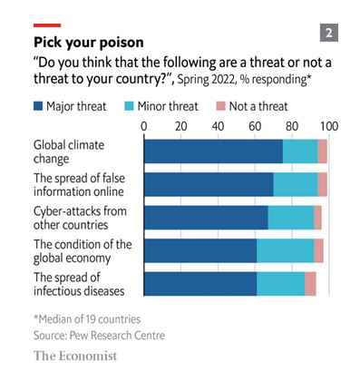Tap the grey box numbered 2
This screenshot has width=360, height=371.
pyautogui.click(x=328, y=34)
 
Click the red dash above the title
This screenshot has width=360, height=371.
pyautogui.click(x=47, y=25)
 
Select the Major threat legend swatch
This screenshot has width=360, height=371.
pyautogui.click(x=38, y=105)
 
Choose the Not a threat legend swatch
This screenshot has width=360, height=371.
pyautogui.click(x=219, y=105)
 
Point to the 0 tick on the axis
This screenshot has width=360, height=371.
pyautogui.click(x=145, y=126)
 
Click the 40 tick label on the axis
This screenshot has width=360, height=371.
pyautogui.click(x=219, y=126)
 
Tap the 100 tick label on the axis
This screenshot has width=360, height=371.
pyautogui.click(x=327, y=126)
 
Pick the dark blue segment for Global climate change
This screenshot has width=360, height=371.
pyautogui.click(x=213, y=151)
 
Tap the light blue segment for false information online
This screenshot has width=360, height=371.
pyautogui.click(x=296, y=184)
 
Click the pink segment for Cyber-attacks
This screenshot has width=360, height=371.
pyautogui.click(x=317, y=218)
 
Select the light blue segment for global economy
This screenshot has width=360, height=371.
pyautogui.click(x=285, y=250)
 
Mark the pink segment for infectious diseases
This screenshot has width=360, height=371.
pyautogui.click(x=310, y=283)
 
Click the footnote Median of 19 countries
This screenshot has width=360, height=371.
pyautogui.click(x=86, y=319)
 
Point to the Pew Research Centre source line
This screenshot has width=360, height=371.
pyautogui.click(x=99, y=336)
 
